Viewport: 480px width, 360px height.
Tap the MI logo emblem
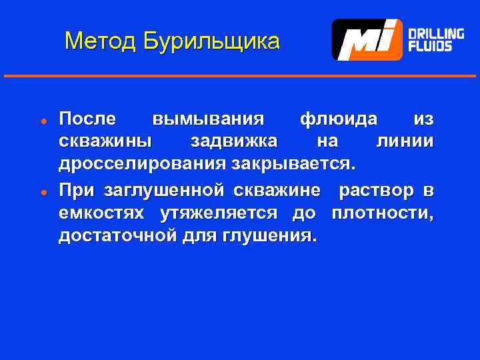click(x=367, y=40)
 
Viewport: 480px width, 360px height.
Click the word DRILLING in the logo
click(x=436, y=33)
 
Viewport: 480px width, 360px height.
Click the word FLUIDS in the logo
click(x=430, y=47)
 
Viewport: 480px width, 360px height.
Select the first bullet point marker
click(x=41, y=121)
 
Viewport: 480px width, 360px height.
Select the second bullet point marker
click(x=41, y=192)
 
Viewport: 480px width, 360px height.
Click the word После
click(x=87, y=119)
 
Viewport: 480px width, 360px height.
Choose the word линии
click(x=405, y=141)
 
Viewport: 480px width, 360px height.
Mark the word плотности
click(x=381, y=213)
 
